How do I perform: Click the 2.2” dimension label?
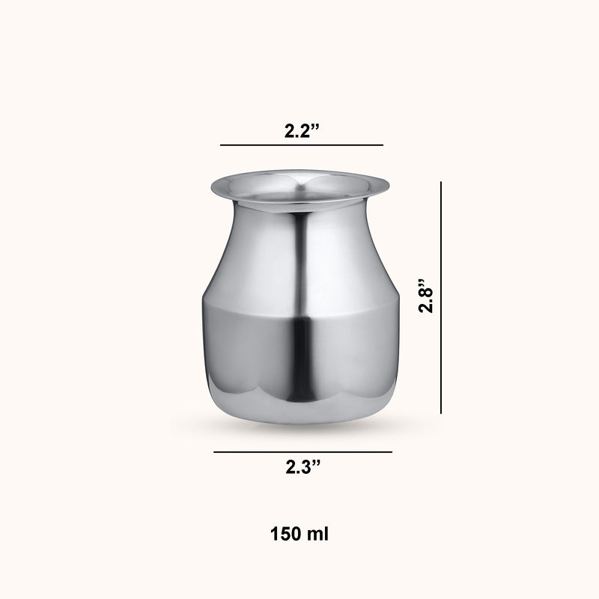pyautogui.click(x=302, y=130)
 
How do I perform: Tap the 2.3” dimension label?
pyautogui.click(x=303, y=466)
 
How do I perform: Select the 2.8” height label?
pyautogui.click(x=426, y=296)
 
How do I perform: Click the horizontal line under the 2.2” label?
pyautogui.click(x=302, y=145)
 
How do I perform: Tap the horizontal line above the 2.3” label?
pyautogui.click(x=303, y=452)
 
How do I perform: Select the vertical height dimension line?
pyautogui.click(x=441, y=297)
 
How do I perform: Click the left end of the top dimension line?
pyautogui.click(x=220, y=145)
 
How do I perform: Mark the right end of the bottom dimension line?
pyautogui.click(x=392, y=452)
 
